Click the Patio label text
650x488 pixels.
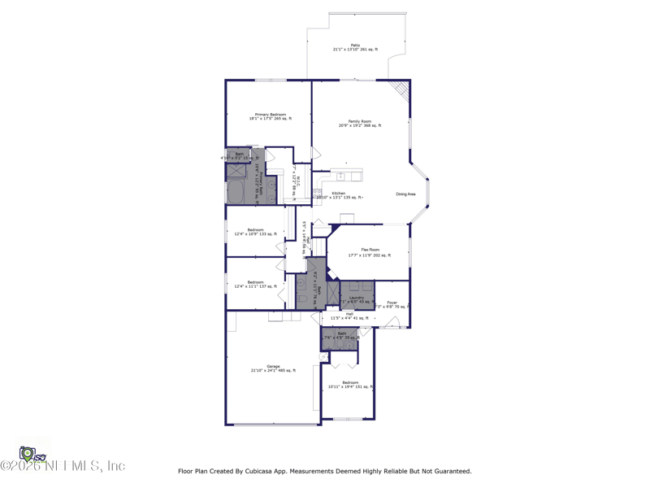click(355, 47)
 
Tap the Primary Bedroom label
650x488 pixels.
click(271, 116)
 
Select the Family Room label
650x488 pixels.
click(360, 123)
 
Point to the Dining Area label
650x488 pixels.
click(406, 194)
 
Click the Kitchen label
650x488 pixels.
click(339, 194)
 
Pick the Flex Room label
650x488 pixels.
click(370, 252)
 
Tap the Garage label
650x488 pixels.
click(273, 368)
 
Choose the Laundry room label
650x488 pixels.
click(357, 299)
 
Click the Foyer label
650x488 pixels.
click(392, 304)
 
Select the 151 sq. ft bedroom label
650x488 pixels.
click(350, 384)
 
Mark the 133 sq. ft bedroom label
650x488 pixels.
click(255, 232)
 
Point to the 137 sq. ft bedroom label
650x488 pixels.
click(255, 284)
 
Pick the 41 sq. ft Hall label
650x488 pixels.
click(349, 316)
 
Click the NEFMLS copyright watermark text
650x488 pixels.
click(63, 466)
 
